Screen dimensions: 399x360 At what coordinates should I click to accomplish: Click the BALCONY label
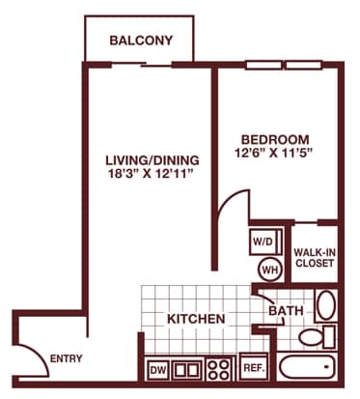pos(141,41)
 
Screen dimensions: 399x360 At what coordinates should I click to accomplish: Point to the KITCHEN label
pos(196,318)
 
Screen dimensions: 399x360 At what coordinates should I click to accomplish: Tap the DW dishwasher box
pos(158,368)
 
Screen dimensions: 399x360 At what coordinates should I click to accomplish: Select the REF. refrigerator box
pos(253,368)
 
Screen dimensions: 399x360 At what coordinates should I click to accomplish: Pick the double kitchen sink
pos(187,368)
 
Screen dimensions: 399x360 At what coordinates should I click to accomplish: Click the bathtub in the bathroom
pos(306,369)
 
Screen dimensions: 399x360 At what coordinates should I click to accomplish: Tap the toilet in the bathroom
pos(313,337)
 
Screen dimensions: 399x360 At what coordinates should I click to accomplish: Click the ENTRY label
pos(66,359)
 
